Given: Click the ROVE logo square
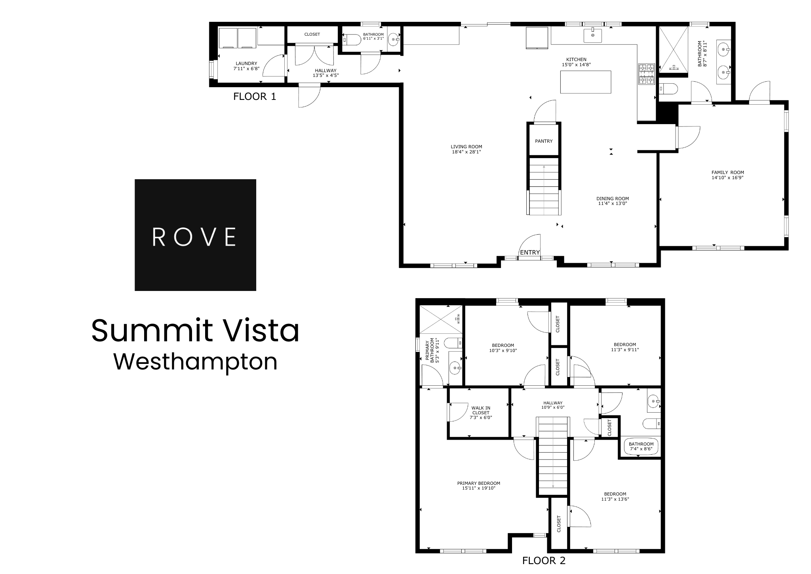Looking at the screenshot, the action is [x=195, y=235].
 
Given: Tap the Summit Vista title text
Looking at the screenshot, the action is [x=196, y=331].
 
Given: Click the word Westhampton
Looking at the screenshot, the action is [x=196, y=362].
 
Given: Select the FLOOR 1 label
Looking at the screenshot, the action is [x=255, y=96].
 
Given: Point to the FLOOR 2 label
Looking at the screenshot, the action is [x=544, y=561].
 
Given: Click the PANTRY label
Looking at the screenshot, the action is [x=544, y=141].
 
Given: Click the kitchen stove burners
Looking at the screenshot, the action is [x=646, y=75].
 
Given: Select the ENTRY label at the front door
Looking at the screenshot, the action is [x=530, y=253].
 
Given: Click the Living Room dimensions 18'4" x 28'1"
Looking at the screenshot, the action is [x=466, y=152].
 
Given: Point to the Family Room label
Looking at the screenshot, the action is [x=727, y=172].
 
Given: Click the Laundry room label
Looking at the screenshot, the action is [x=246, y=63].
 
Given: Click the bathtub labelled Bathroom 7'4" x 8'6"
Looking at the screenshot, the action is [x=641, y=447].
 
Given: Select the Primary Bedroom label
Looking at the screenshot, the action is [x=478, y=483].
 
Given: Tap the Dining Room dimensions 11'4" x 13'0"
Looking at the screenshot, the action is [x=613, y=204].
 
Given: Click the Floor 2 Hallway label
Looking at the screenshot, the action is [x=553, y=403].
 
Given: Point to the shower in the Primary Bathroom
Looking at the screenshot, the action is [x=441, y=319].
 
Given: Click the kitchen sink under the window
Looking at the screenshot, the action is [x=592, y=35].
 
